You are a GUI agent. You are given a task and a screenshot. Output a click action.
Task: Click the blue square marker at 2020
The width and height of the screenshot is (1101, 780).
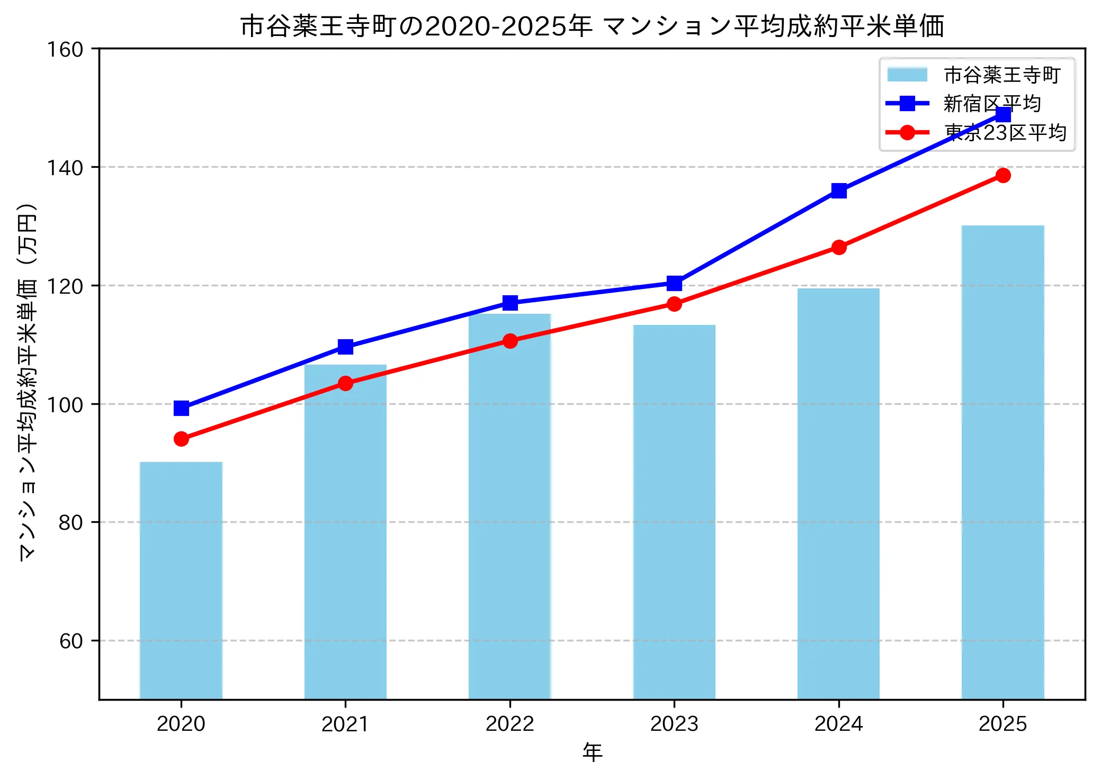click(x=181, y=408)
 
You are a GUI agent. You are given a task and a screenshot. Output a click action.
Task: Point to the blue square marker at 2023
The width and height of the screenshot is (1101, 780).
click(x=674, y=283)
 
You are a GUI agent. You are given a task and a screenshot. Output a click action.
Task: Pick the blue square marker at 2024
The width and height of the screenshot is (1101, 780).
click(x=839, y=191)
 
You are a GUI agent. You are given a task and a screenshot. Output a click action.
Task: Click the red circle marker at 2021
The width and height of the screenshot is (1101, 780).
click(x=345, y=383)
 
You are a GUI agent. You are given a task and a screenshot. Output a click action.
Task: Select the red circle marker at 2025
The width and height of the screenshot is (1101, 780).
click(x=1003, y=175)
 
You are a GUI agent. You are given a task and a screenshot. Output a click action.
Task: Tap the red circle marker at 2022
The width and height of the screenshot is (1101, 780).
click(x=510, y=341)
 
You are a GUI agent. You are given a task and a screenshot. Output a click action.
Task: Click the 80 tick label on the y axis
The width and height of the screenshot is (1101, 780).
click(x=71, y=522)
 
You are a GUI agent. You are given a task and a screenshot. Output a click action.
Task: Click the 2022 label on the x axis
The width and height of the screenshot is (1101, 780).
click(x=509, y=724)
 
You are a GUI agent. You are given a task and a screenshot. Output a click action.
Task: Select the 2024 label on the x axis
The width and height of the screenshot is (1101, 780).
click(x=838, y=724)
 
